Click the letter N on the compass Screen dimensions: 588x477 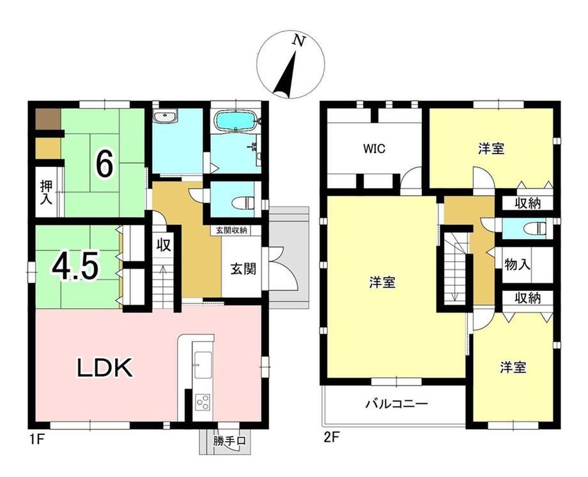click(x=298, y=40)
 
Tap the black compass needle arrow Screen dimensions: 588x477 click(x=286, y=75)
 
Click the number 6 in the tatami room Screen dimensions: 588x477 click(x=105, y=165)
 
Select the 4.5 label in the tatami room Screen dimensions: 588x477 click(x=76, y=267)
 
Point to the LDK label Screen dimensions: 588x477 click(x=105, y=367)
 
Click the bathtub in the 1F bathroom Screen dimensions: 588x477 click(x=236, y=121)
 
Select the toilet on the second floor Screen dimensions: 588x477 click(x=535, y=228)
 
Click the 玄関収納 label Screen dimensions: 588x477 click(x=231, y=230)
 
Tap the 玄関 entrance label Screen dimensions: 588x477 click(x=243, y=269)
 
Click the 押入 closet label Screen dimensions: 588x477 click(x=47, y=192)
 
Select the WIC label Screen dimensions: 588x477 click(x=374, y=149)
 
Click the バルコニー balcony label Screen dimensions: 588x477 click(x=397, y=404)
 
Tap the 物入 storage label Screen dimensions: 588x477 click(x=517, y=265)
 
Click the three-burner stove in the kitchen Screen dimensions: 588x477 click(x=203, y=402)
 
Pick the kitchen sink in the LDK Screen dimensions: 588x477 click(x=203, y=365)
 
